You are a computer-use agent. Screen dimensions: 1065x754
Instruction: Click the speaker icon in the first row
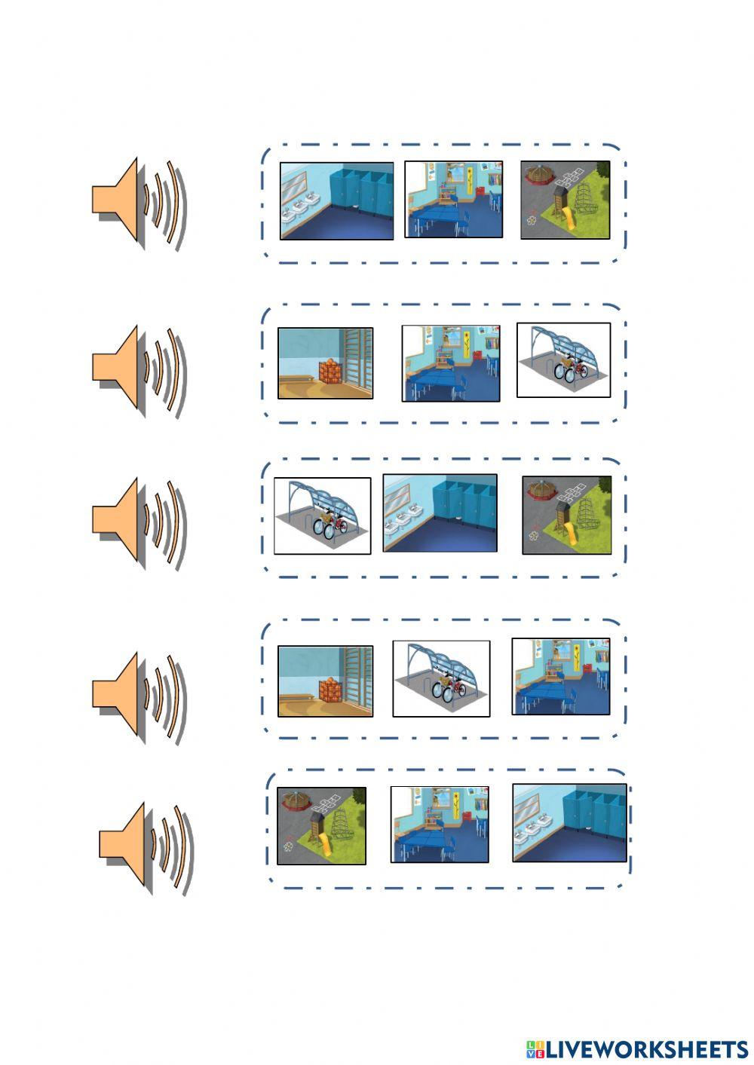click(139, 204)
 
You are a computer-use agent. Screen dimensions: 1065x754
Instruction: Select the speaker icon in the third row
click(139, 522)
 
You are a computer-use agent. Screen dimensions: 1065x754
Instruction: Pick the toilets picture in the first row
click(337, 201)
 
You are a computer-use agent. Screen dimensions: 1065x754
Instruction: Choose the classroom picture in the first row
click(454, 200)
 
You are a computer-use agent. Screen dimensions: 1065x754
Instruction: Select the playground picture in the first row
click(565, 200)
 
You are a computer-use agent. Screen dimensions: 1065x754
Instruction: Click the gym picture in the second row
click(326, 363)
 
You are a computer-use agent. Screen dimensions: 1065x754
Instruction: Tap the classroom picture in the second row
click(451, 363)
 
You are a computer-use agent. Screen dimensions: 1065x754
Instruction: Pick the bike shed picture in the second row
click(563, 360)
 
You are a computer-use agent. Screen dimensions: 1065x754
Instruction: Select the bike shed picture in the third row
click(323, 516)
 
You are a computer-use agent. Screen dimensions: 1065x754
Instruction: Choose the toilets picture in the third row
click(440, 513)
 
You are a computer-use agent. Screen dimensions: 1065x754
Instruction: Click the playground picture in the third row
click(567, 515)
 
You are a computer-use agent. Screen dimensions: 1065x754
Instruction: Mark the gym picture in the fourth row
click(326, 681)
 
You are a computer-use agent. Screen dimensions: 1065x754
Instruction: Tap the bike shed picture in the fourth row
click(441, 679)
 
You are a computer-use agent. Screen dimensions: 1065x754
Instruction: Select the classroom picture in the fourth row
click(561, 677)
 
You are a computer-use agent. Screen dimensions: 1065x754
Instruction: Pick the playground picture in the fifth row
click(322, 826)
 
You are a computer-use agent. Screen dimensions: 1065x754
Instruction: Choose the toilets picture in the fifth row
click(570, 823)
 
